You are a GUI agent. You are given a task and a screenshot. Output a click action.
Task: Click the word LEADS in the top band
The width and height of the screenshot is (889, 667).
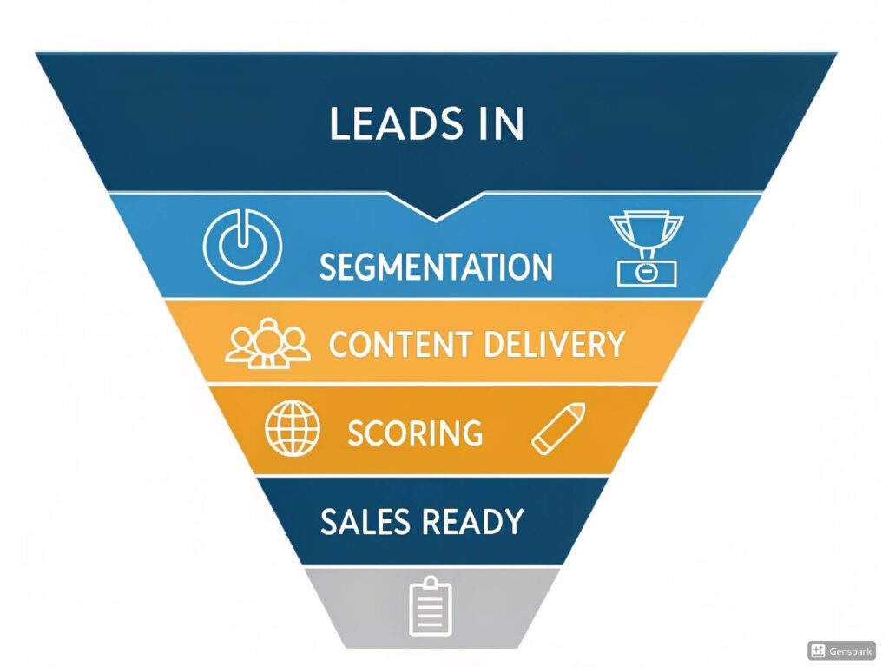(396, 123)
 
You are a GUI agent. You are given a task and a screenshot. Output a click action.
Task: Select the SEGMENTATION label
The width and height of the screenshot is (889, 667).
(436, 267)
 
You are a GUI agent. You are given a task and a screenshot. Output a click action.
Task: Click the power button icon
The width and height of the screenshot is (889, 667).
(243, 246)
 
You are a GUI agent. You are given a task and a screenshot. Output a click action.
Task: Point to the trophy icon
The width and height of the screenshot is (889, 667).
(647, 249)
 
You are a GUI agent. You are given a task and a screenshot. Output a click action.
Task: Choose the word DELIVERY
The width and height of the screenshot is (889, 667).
(555, 344)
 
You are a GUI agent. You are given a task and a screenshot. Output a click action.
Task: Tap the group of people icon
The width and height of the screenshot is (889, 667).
(267, 344)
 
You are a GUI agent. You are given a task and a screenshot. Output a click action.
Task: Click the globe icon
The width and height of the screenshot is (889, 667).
(293, 427)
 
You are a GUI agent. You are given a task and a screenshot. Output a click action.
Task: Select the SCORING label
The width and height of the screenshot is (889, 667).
(415, 433)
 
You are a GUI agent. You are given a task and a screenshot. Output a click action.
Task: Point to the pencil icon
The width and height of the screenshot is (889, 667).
(558, 428)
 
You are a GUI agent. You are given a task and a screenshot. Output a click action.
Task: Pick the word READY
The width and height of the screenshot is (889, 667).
(472, 521)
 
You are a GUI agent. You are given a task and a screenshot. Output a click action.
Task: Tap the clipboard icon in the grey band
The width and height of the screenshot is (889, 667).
(431, 607)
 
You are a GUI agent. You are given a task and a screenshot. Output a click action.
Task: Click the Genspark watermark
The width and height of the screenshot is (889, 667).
(841, 651)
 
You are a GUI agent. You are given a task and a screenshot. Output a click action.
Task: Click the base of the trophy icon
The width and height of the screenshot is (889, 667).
(647, 274)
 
